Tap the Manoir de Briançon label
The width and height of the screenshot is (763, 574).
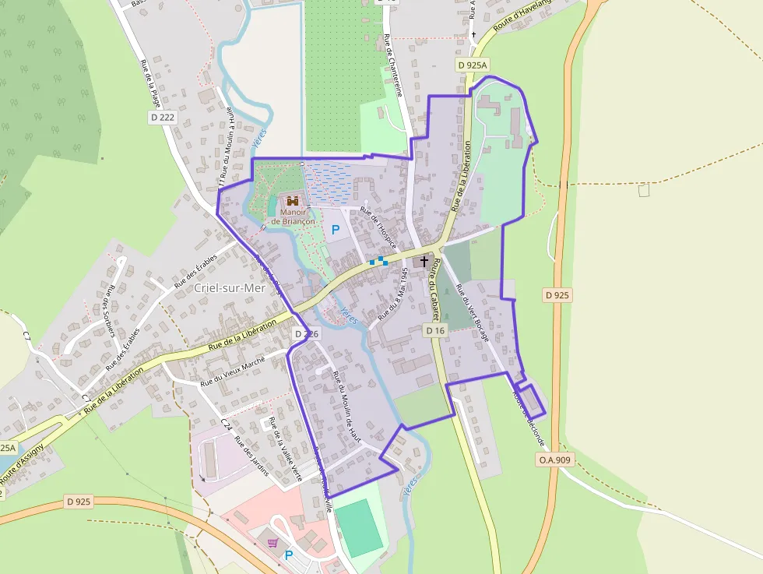(293, 216)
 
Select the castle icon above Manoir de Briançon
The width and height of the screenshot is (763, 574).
(293, 201)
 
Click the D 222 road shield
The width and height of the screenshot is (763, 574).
(163, 117)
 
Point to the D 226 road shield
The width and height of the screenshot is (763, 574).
(306, 333)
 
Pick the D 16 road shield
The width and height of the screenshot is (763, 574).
(435, 331)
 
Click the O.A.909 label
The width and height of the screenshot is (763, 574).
(555, 460)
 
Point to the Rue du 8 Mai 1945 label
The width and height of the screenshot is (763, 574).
(393, 295)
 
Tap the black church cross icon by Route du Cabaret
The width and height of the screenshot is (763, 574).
(424, 261)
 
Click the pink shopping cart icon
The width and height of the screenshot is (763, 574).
(273, 543)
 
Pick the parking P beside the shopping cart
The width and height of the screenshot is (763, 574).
(289, 555)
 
